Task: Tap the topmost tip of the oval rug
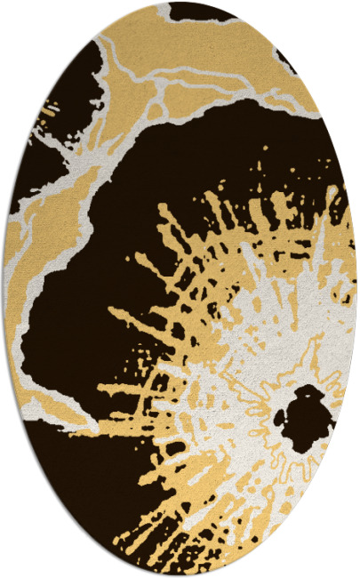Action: tap(180, 3)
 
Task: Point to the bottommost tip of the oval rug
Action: tap(180, 575)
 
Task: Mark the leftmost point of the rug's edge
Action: tap(4, 289)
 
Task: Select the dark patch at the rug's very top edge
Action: tap(200, 11)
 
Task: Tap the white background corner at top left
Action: tap(18, 18)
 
